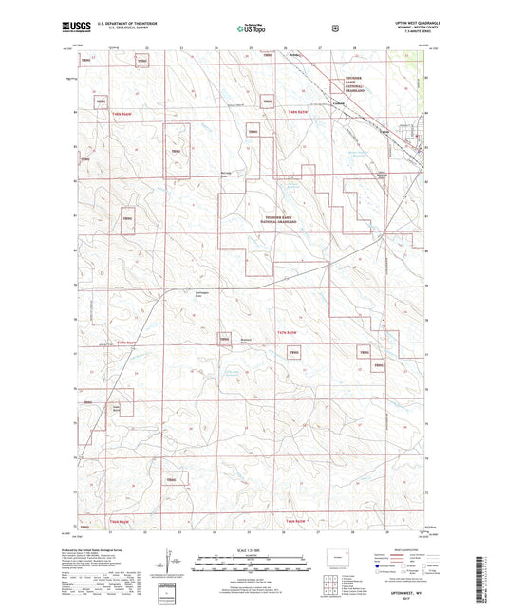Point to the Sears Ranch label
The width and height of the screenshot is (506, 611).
(x=117, y=409)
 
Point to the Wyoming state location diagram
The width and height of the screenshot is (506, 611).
(x=337, y=556)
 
